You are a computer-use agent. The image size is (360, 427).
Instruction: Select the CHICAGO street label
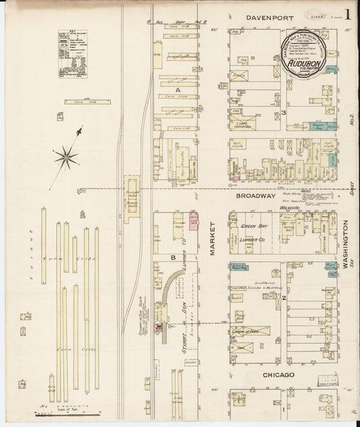pyautogui.click(x=275, y=374)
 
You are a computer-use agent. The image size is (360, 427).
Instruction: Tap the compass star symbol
pyautogui.click(x=66, y=157)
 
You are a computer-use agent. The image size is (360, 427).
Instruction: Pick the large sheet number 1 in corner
pyautogui.click(x=346, y=14)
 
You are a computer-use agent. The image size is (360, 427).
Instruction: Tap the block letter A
pyautogui.click(x=178, y=89)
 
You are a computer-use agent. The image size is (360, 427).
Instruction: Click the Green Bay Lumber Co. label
pyautogui.click(x=257, y=233)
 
